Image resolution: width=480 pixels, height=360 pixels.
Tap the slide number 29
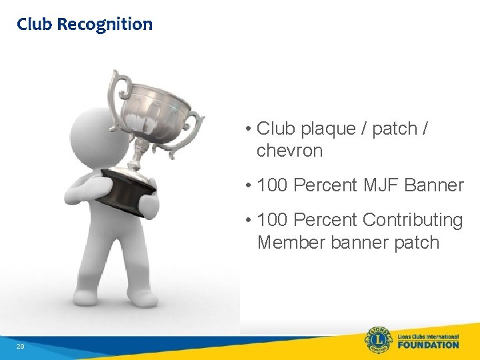21,346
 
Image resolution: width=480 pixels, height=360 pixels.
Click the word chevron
289,151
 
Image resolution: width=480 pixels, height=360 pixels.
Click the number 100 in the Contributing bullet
272,220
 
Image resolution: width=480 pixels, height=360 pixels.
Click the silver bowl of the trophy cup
160,113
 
